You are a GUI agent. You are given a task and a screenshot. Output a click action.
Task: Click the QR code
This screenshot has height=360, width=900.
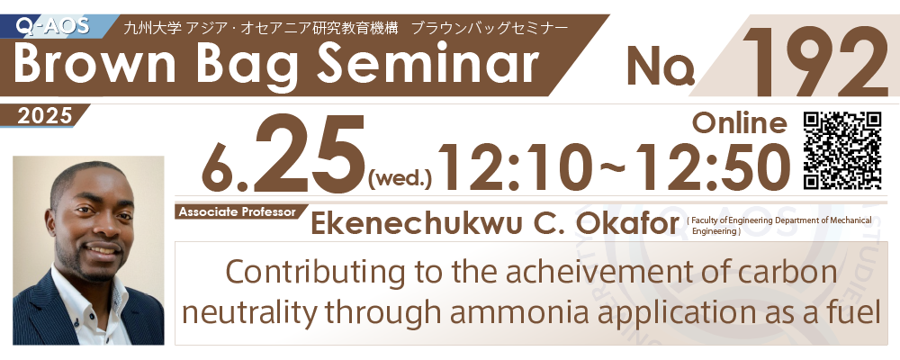click(x=842, y=150)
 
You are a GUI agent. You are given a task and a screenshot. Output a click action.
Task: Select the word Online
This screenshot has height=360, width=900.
click(x=739, y=122)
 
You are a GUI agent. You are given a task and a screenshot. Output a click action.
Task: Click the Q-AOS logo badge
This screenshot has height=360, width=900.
click(x=53, y=26)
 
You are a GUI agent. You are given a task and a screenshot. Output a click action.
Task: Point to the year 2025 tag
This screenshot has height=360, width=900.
click(x=45, y=116)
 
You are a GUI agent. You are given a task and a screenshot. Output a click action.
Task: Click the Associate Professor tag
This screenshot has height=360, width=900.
click(x=237, y=211)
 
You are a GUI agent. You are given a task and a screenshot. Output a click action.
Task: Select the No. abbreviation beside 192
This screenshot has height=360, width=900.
click(x=661, y=66)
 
